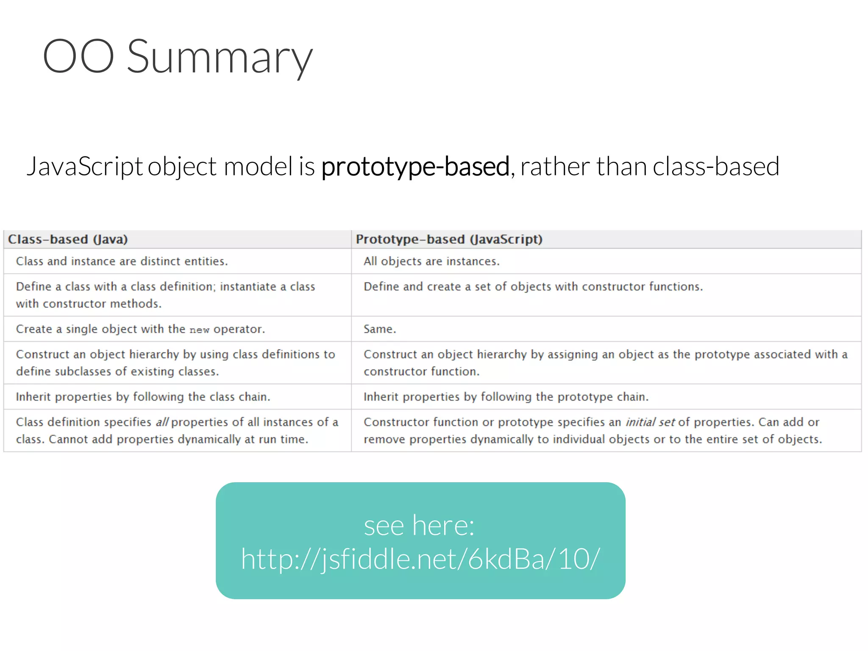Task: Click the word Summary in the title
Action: click(x=220, y=57)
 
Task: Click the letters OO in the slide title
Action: click(x=78, y=56)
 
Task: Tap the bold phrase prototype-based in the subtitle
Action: click(x=415, y=166)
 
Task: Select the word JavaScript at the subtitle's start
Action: click(x=85, y=166)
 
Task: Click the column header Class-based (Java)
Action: click(x=68, y=239)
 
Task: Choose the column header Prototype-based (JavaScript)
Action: click(x=449, y=239)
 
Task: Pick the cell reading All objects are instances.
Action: click(x=431, y=262)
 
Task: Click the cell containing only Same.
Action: click(x=380, y=329)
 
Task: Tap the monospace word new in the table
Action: click(x=199, y=330)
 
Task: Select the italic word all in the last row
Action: click(x=162, y=422)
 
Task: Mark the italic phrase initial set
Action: click(x=650, y=422)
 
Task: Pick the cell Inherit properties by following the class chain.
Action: click(x=143, y=397)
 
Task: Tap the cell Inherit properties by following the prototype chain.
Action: click(x=506, y=397)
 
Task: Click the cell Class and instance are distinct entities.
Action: click(x=122, y=262)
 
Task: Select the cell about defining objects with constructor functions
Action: click(x=533, y=287)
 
